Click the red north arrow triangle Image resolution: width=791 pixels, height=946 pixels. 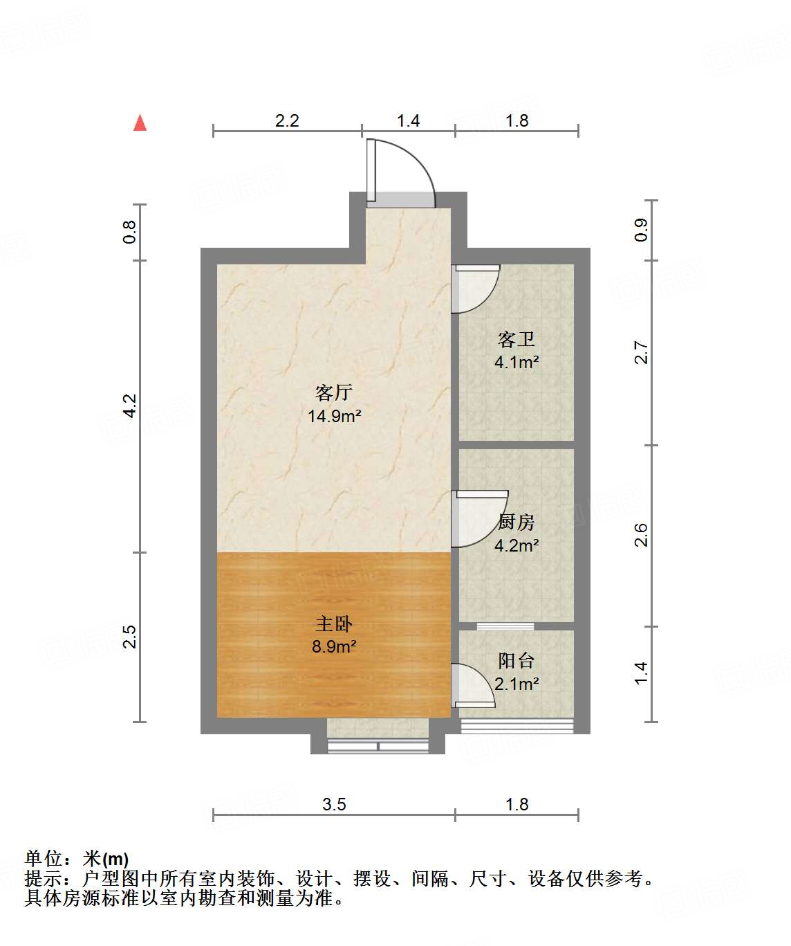coord(140,123)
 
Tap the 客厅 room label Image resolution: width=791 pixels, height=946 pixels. coord(334,393)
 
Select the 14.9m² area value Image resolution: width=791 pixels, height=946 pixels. coord(335,416)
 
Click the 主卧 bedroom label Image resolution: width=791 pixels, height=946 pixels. coord(334,624)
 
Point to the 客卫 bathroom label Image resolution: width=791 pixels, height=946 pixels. coord(517,339)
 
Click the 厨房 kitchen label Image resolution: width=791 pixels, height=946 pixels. coord(517,522)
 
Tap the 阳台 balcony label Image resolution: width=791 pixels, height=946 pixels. coord(517,661)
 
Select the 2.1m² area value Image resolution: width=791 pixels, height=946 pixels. coord(517,684)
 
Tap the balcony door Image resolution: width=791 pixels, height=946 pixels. coord(474,685)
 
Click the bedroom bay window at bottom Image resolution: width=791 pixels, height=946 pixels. coord(378,746)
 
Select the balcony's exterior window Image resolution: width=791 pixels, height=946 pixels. coord(517,725)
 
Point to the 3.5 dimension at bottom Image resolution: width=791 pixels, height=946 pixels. coord(334,804)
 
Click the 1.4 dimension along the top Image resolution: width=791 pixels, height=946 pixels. coord(408,121)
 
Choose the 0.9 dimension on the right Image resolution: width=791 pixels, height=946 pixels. coord(641,230)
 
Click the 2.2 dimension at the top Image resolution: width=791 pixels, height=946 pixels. coord(287,121)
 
